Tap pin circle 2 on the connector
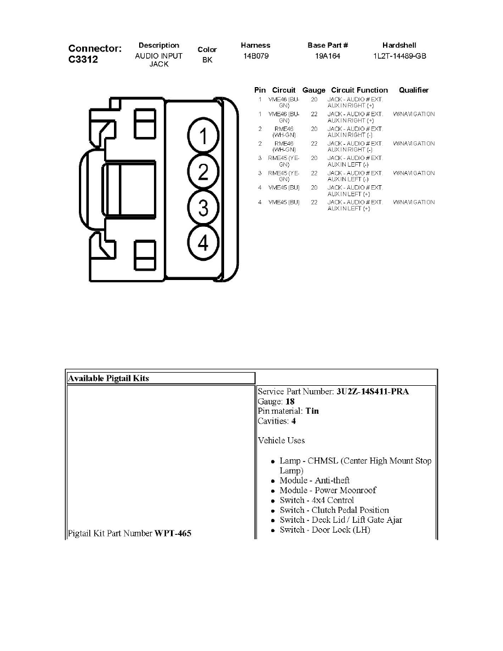pyautogui.click(x=203, y=173)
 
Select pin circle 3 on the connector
pyautogui.click(x=203, y=208)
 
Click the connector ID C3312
pyautogui.click(x=83, y=59)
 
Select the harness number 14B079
pyautogui.click(x=256, y=56)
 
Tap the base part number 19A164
pyautogui.click(x=328, y=56)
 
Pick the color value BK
pyautogui.click(x=207, y=60)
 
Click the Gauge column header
pyautogui.click(x=313, y=90)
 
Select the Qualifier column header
pyautogui.click(x=414, y=90)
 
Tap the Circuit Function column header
pyautogui.click(x=359, y=90)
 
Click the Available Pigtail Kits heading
pyautogui.click(x=108, y=378)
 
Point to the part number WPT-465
pyautogui.click(x=173, y=533)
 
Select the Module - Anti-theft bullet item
pyautogui.click(x=315, y=481)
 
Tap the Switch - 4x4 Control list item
pyautogui.click(x=317, y=500)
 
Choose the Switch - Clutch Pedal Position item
pyautogui.click(x=334, y=510)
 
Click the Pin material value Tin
pyautogui.click(x=312, y=411)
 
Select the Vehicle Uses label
pyautogui.click(x=281, y=441)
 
